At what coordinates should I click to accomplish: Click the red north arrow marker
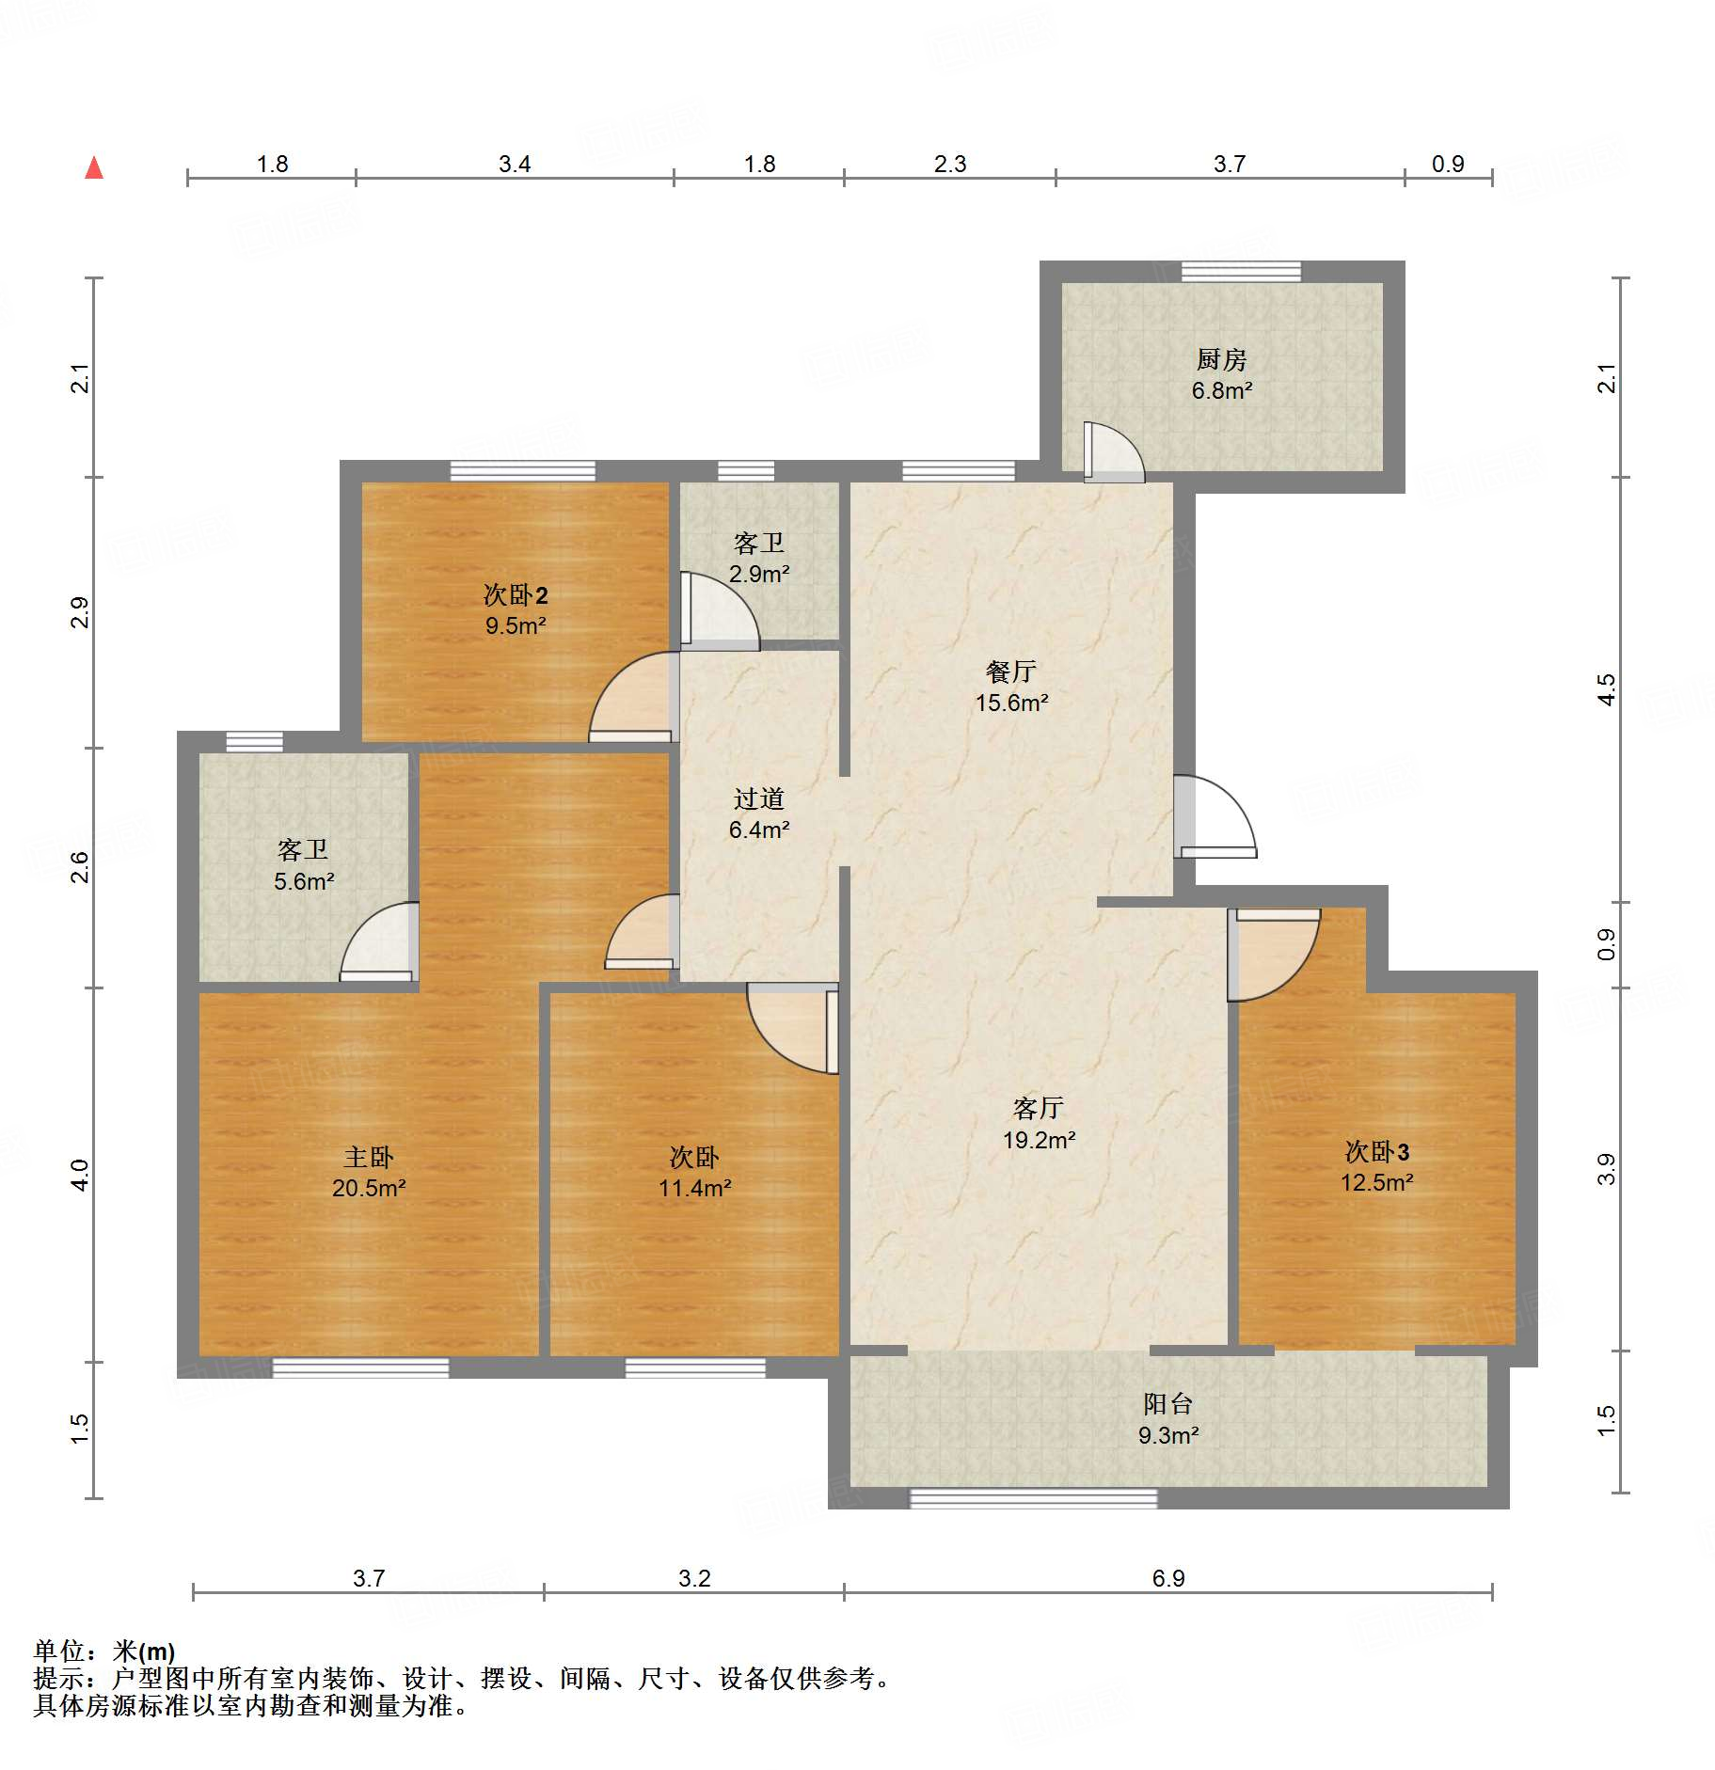(x=94, y=168)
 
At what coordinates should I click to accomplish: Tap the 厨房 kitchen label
(x=1221, y=359)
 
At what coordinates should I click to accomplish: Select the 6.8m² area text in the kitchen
(x=1221, y=390)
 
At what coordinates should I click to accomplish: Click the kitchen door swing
(x=1114, y=452)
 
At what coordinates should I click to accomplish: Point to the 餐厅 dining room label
(x=1011, y=672)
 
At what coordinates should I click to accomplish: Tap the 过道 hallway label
(x=758, y=798)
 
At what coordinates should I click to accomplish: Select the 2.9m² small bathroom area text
(x=758, y=574)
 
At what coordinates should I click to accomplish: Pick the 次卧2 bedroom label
(x=515, y=594)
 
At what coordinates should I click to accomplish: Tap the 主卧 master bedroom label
(x=368, y=1157)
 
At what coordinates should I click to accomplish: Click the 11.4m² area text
(x=694, y=1188)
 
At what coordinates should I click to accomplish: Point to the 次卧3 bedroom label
(x=1376, y=1151)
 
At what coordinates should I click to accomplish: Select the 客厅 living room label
(x=1039, y=1108)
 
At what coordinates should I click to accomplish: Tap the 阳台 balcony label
(x=1167, y=1404)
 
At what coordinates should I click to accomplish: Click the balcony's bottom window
(x=1033, y=1498)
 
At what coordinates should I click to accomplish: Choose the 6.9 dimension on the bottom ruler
(x=1167, y=1578)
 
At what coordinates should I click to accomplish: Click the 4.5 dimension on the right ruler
(x=1607, y=688)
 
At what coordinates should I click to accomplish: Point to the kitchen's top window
(x=1241, y=272)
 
